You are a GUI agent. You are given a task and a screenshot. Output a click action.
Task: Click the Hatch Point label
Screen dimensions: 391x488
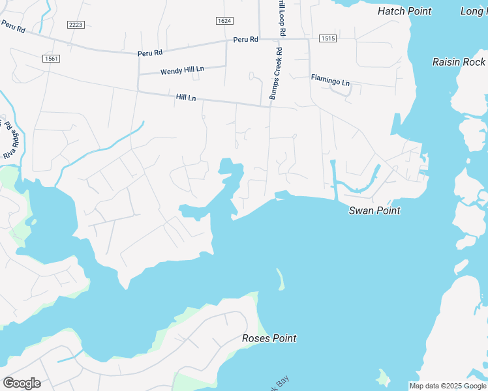pos(404,11)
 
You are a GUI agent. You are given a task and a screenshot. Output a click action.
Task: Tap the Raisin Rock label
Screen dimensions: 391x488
pos(459,62)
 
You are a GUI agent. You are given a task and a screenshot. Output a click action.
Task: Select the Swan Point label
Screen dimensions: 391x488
pos(374,210)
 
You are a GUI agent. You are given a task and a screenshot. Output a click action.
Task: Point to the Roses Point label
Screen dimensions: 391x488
pos(269,338)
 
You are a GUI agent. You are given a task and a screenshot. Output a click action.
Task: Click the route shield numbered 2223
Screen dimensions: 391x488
pos(76,24)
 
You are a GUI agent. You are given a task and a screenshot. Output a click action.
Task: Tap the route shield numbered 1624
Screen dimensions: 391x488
pos(224,21)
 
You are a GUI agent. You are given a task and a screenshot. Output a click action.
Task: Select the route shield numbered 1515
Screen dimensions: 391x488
pos(328,39)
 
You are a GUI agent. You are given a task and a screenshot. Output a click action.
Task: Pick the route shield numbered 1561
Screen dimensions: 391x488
pos(51,59)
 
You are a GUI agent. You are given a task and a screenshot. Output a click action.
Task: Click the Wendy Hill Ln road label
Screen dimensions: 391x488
pos(182,69)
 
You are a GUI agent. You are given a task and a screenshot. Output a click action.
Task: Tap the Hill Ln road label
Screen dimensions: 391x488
pos(186,97)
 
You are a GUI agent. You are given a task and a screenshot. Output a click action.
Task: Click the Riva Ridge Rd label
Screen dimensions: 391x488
pos(10,139)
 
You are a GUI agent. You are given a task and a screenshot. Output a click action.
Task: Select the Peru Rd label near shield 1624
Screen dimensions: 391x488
pos(246,40)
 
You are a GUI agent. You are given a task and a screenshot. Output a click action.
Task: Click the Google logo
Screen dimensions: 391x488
pos(22,383)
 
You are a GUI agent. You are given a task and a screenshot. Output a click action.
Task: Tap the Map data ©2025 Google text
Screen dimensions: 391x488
pos(447,386)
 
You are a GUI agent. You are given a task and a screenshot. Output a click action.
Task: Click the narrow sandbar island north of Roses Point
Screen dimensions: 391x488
pos(281,279)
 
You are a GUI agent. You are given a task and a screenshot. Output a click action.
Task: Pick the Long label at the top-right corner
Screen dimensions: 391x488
pos(473,11)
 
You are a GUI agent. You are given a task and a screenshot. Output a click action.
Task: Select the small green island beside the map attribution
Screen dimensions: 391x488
pos(383,376)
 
